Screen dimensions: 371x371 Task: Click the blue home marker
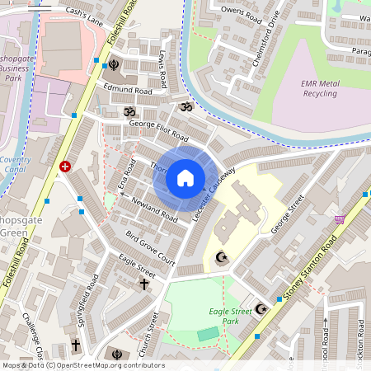[185, 178]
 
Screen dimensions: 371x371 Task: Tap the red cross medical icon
[64, 166]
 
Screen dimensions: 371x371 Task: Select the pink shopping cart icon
[339, 219]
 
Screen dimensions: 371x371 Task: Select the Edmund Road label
[128, 91]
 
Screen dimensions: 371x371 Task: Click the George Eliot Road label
[158, 131]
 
